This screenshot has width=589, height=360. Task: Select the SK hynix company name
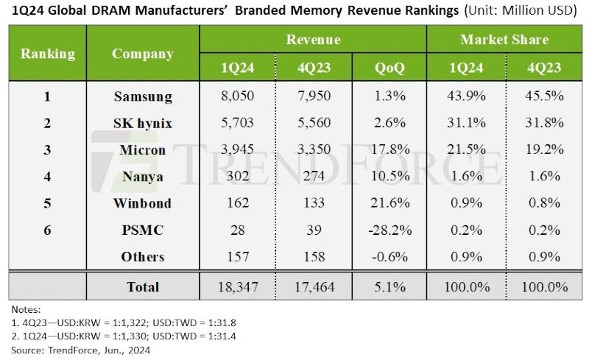[143, 123]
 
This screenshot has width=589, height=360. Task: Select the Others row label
[143, 257]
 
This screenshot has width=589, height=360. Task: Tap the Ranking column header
[47, 54]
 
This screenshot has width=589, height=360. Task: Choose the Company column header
[143, 54]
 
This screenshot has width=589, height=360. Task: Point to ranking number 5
[47, 203]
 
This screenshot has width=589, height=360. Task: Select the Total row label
[143, 287]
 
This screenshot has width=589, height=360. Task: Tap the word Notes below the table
[26, 310]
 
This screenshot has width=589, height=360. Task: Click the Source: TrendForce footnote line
[77, 351]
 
